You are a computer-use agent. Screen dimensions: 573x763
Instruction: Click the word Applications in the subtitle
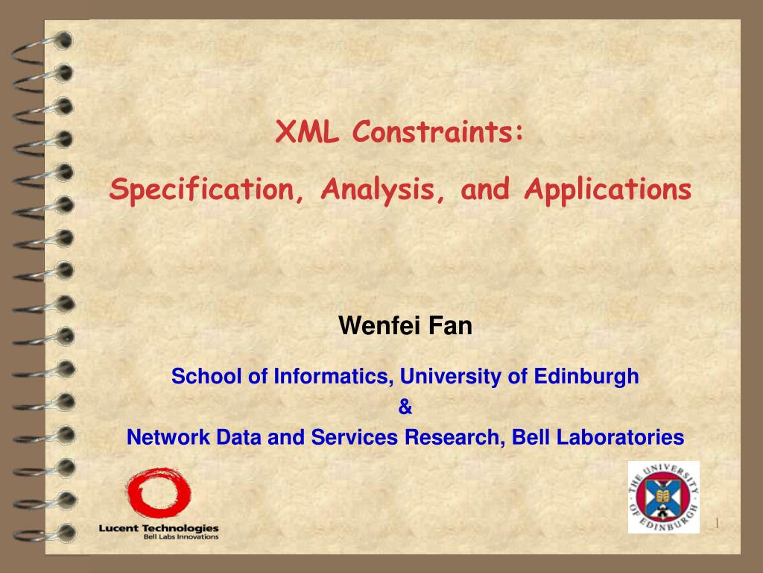point(607,190)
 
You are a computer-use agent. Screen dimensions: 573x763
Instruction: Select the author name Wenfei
point(380,326)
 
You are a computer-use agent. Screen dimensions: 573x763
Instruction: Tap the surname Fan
point(450,326)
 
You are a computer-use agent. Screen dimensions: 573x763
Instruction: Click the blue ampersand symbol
point(405,407)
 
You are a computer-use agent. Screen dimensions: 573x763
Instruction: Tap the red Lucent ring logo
point(157,493)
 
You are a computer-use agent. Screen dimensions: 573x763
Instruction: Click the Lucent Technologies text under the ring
point(159,528)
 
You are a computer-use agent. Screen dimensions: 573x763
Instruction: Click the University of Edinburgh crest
point(662,498)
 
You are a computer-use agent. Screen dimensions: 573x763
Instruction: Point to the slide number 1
point(717,524)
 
